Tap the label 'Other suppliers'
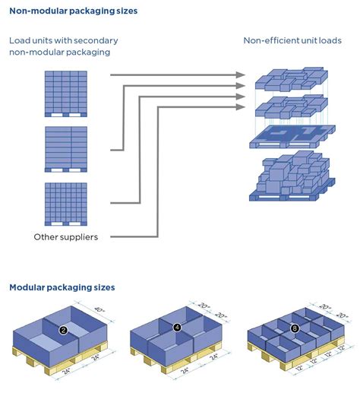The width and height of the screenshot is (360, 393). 66,236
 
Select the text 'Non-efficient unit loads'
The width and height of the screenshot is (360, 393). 292,40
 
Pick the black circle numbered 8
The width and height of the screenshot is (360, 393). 295,328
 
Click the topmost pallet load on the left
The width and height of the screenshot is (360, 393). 66,92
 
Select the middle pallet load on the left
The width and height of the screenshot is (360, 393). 66,147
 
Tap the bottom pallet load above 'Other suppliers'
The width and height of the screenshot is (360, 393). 66,202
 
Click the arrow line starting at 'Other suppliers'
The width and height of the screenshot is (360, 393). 137,236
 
